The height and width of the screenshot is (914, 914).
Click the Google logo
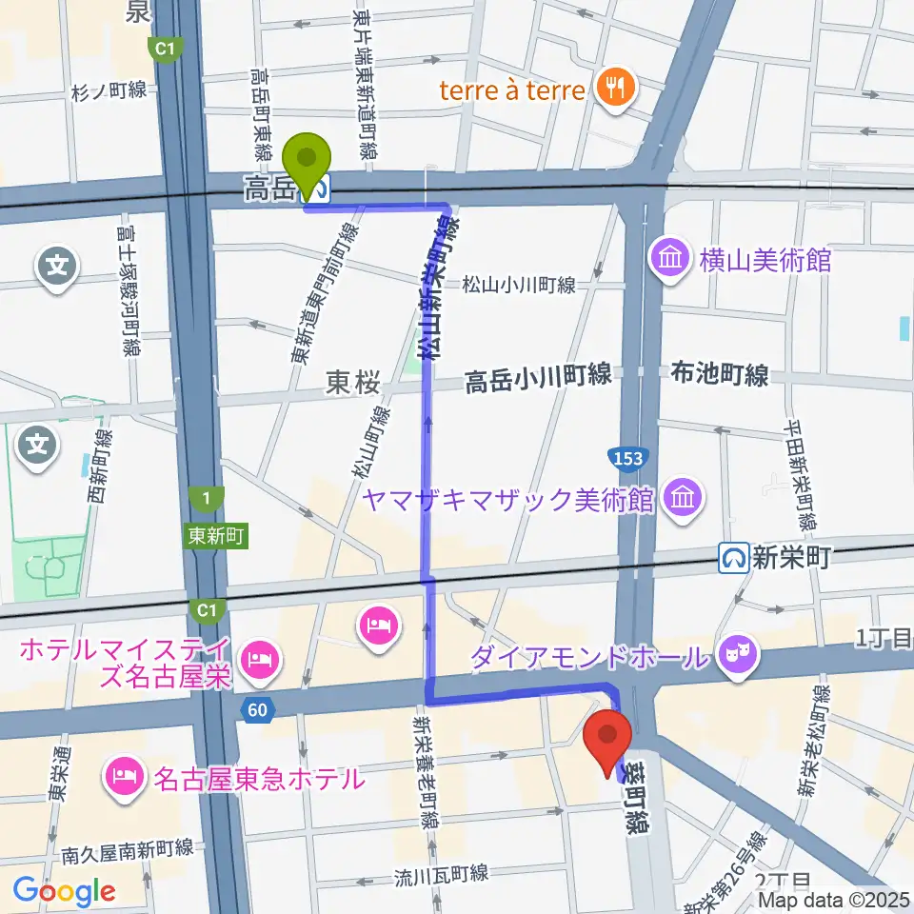click(x=64, y=891)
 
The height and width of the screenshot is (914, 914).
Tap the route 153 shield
click(x=628, y=458)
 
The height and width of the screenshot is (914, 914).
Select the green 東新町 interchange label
click(x=217, y=537)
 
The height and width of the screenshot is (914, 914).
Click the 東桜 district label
click(x=354, y=382)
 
